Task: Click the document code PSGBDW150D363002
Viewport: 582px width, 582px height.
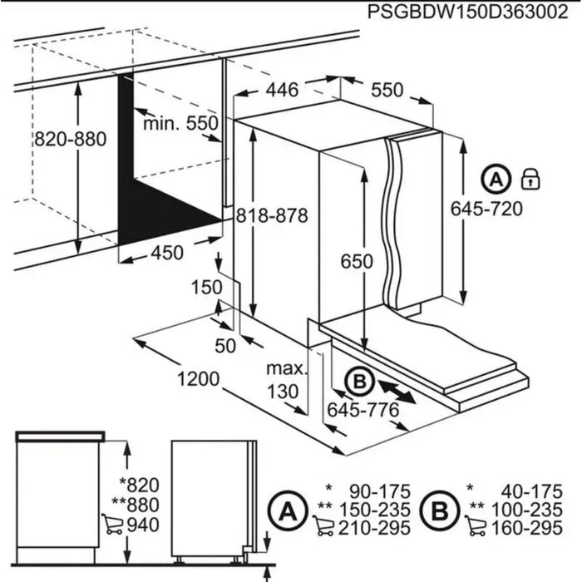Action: coord(456,13)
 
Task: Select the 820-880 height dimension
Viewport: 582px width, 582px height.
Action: coord(70,140)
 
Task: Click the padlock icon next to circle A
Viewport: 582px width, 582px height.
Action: coord(528,178)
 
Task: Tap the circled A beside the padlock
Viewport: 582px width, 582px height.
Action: coord(496,178)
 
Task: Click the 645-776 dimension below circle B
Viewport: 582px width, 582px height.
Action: coord(361,409)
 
